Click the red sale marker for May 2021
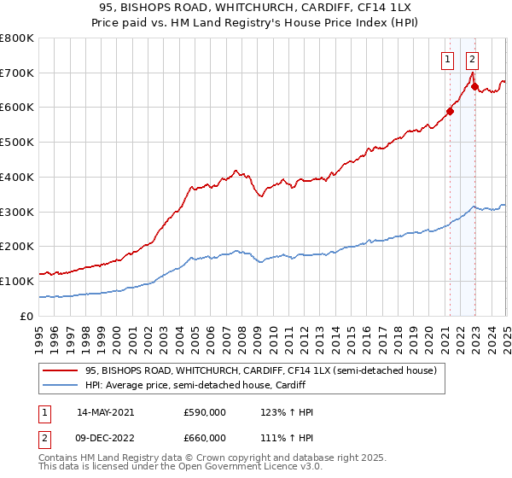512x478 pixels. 450,110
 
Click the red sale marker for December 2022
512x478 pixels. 474,86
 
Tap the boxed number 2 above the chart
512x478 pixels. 472,60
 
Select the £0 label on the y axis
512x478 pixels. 26,316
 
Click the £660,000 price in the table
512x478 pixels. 206,438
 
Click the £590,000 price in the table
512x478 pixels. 206,412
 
